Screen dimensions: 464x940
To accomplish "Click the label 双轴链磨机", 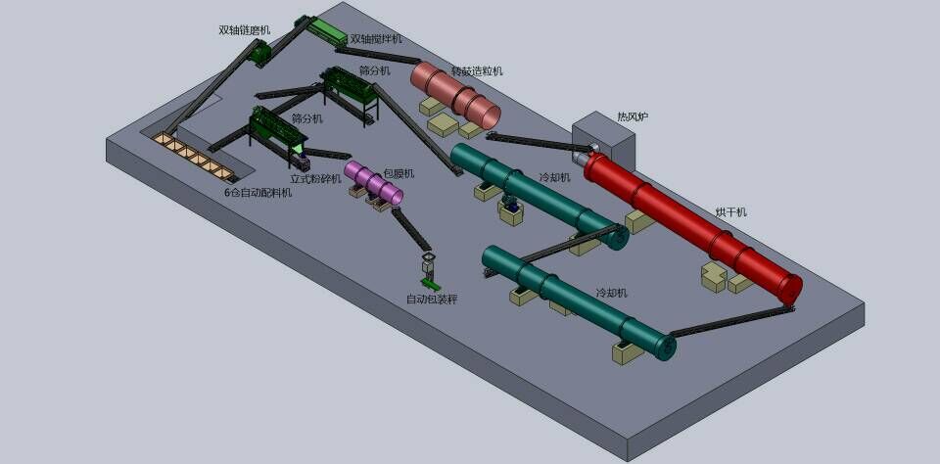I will (x=244, y=30).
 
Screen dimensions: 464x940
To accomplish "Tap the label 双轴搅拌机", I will (x=375, y=39).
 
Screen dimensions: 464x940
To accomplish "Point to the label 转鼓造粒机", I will (x=477, y=71).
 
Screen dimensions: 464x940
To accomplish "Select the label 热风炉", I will (x=632, y=117).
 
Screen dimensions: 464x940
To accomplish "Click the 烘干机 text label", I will (x=730, y=212).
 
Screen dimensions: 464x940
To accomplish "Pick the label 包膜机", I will (x=399, y=173).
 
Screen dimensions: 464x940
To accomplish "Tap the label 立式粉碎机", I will (x=315, y=179).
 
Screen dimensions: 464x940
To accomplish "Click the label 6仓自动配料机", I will (x=258, y=193).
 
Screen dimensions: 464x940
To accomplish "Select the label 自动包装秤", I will (x=432, y=299).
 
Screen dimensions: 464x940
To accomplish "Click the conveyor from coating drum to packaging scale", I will (x=411, y=230).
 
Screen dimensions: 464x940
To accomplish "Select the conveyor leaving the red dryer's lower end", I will (x=729, y=322).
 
